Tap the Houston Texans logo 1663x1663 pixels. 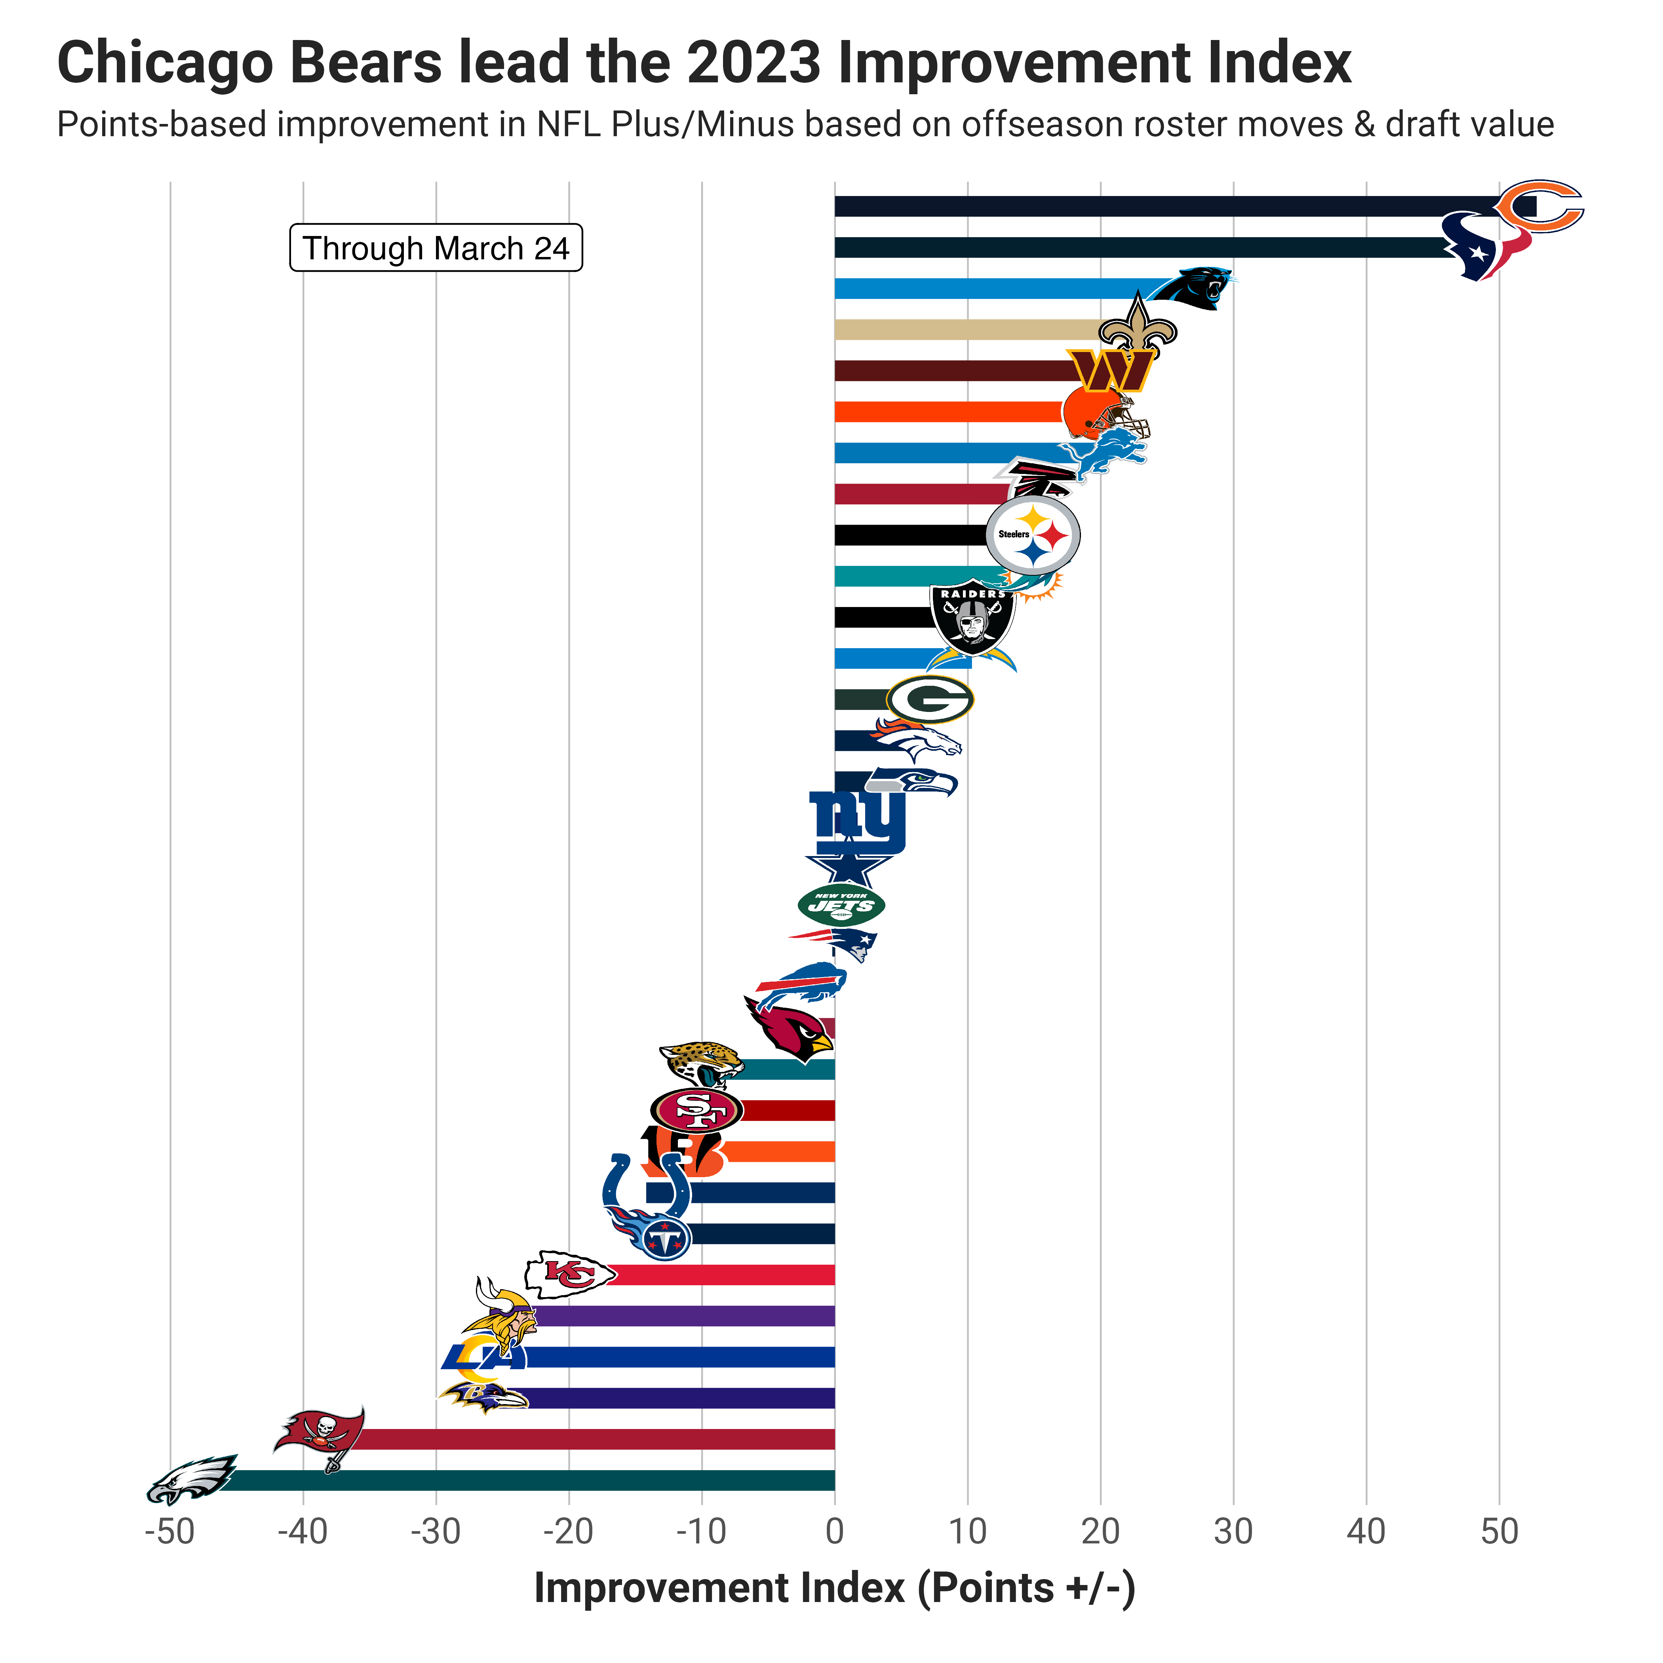(1485, 246)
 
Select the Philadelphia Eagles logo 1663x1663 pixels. (191, 1479)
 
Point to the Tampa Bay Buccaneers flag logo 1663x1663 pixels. (320, 1437)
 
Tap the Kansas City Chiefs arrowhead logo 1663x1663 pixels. (570, 1274)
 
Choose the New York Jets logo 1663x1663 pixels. (841, 905)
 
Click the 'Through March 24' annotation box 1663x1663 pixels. (436, 248)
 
